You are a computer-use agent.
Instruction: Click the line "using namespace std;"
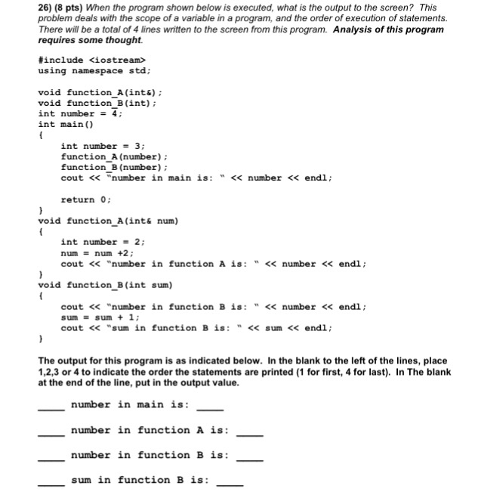pyautogui.click(x=94, y=70)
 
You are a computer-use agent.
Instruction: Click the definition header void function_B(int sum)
pyautogui.click(x=106, y=285)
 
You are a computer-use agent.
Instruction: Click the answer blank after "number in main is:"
pyautogui.click(x=210, y=409)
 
